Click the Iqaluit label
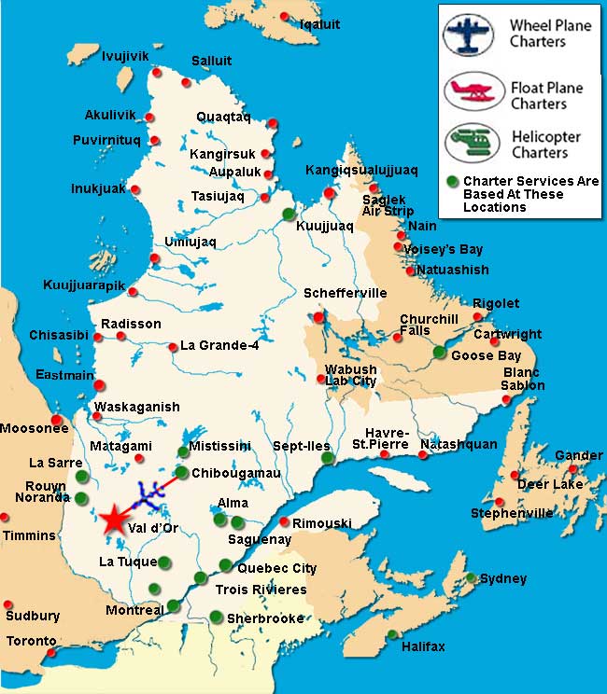point(319,23)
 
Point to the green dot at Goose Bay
point(439,352)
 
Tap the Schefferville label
point(345,293)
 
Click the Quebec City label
point(277,568)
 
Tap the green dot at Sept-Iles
point(326,458)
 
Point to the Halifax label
point(423,646)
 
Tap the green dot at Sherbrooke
point(216,617)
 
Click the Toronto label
point(32,642)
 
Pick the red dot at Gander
point(572,468)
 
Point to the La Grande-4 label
point(219,345)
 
